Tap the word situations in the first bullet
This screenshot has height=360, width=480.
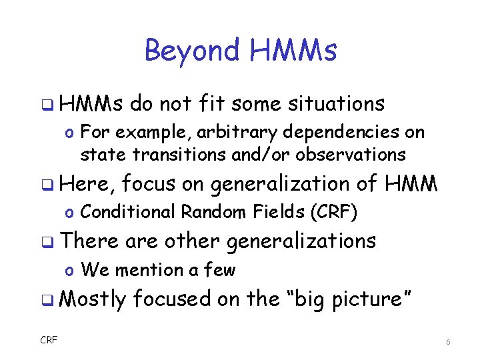click(337, 103)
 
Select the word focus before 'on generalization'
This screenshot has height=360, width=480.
click(149, 183)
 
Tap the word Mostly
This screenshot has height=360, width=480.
click(92, 299)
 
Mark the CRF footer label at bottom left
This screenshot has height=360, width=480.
click(49, 340)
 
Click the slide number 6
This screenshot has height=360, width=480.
click(448, 341)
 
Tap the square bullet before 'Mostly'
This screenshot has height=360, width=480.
click(50, 299)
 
